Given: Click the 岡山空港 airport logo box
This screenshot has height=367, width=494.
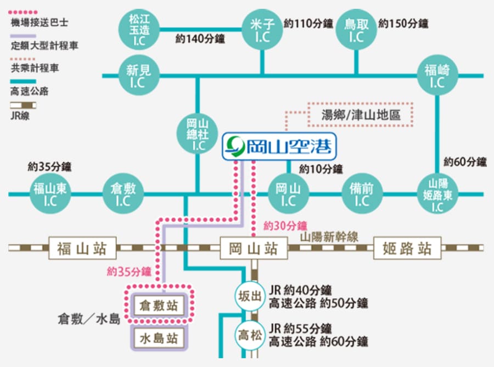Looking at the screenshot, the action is (279, 146).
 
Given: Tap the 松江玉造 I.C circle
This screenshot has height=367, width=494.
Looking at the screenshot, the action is (139, 30).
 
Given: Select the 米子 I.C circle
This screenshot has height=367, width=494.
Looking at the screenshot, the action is (262, 30).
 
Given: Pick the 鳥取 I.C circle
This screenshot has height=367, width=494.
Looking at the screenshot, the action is (356, 30).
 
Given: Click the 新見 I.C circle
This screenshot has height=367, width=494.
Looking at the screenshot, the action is (139, 75).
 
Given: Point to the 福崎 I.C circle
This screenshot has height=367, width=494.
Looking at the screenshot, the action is (437, 75).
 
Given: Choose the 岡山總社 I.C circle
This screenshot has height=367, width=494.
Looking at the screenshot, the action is (198, 134).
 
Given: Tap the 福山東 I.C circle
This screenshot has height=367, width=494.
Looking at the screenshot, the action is (50, 193).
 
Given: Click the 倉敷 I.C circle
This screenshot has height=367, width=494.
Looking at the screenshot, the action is (123, 193).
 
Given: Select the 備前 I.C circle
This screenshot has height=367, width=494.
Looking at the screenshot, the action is (362, 193).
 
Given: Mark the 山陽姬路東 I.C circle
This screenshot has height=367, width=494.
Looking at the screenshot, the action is (437, 193).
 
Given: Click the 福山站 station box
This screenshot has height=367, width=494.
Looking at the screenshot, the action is (82, 248).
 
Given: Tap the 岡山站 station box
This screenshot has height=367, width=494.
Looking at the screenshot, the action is (254, 248).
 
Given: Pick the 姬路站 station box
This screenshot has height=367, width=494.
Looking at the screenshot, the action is (407, 248).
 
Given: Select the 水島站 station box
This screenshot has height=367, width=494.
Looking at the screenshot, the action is (159, 338).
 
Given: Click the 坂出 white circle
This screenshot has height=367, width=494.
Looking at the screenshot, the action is (250, 296).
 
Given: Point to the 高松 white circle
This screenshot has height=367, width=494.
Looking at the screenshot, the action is (250, 335).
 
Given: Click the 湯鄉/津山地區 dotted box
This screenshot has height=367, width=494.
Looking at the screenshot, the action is (361, 114).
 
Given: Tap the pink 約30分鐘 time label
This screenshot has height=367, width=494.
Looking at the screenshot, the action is (285, 226).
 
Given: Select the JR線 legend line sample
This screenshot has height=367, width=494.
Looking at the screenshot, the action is (23, 105).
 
